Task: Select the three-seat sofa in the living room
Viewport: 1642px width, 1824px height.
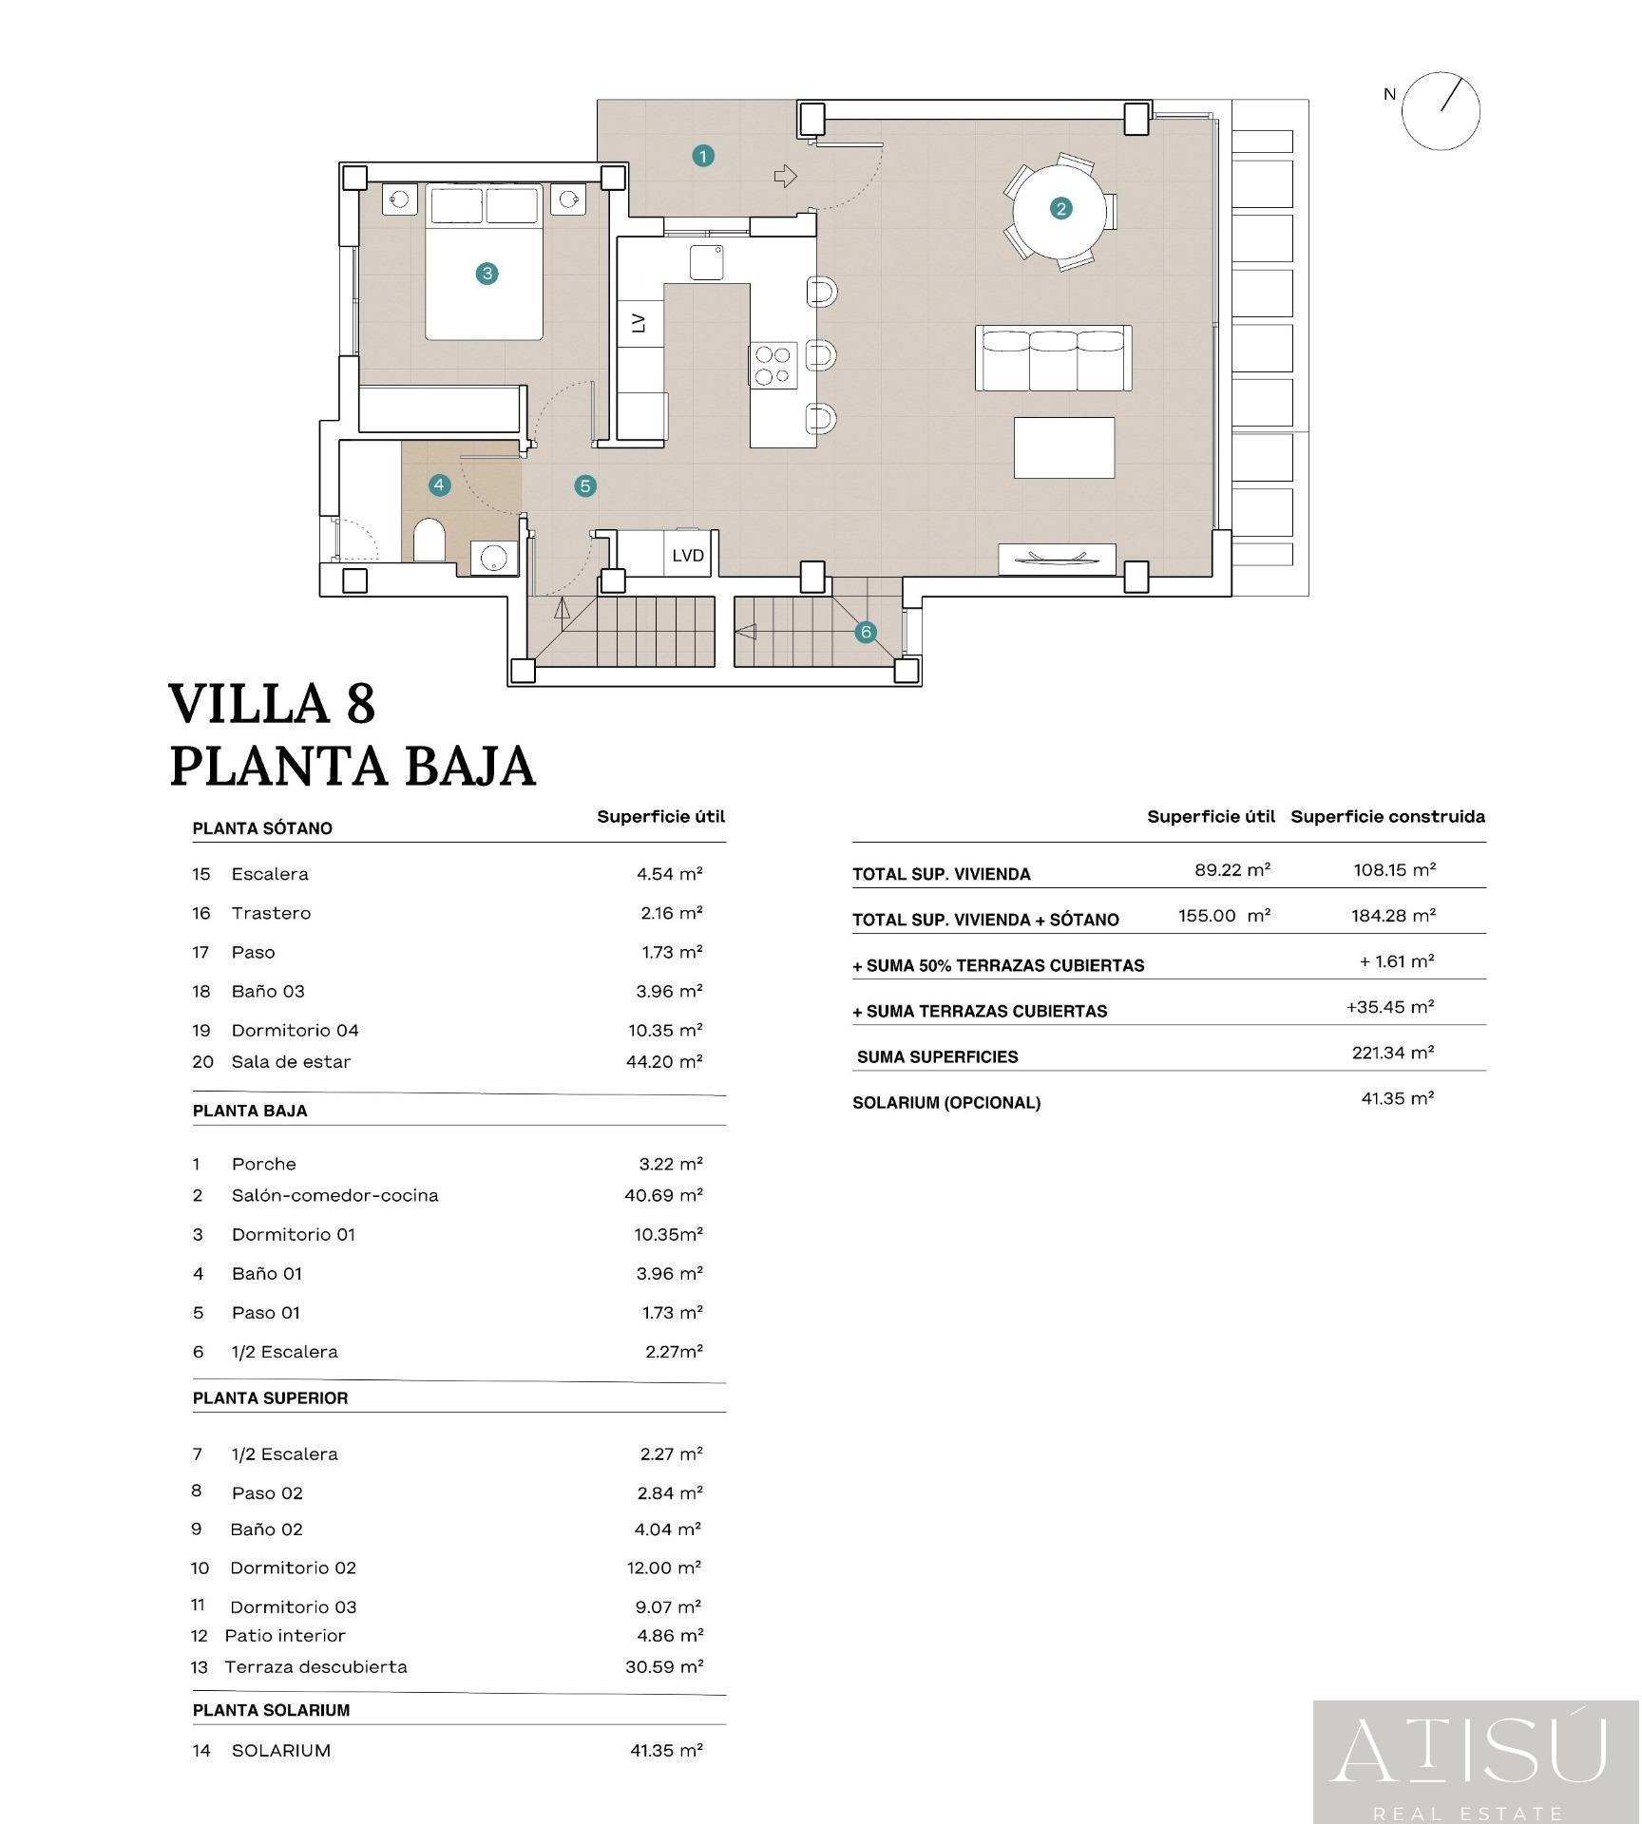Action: [x=1053, y=358]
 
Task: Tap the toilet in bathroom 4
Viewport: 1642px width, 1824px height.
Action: [x=429, y=541]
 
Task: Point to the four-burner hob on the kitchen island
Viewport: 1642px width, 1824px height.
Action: [x=772, y=365]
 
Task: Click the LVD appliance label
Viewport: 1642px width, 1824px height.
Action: [x=687, y=555]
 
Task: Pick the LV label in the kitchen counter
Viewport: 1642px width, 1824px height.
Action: [x=639, y=323]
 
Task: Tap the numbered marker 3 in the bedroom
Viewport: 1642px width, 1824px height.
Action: [x=487, y=274]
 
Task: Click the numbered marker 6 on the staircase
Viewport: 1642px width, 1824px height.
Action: [x=865, y=632]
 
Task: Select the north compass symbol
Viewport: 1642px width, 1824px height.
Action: [x=1441, y=111]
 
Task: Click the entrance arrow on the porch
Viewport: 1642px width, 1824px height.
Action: [x=785, y=176]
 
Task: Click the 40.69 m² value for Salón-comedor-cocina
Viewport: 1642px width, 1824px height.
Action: [x=663, y=1195]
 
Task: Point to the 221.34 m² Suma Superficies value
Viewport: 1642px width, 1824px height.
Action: [x=1393, y=1053]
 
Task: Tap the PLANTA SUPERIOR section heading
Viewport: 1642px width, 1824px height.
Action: [x=271, y=1398]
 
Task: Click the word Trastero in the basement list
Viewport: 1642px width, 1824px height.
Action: [x=271, y=913]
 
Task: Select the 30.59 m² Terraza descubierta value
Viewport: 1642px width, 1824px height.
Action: [x=664, y=1666]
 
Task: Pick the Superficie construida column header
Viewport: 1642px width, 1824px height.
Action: [x=1387, y=816]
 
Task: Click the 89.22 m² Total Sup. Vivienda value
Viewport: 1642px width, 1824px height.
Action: [x=1232, y=869]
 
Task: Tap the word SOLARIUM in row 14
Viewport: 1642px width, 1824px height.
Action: [x=281, y=1750]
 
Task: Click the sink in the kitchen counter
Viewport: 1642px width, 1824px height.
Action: [x=705, y=262]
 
